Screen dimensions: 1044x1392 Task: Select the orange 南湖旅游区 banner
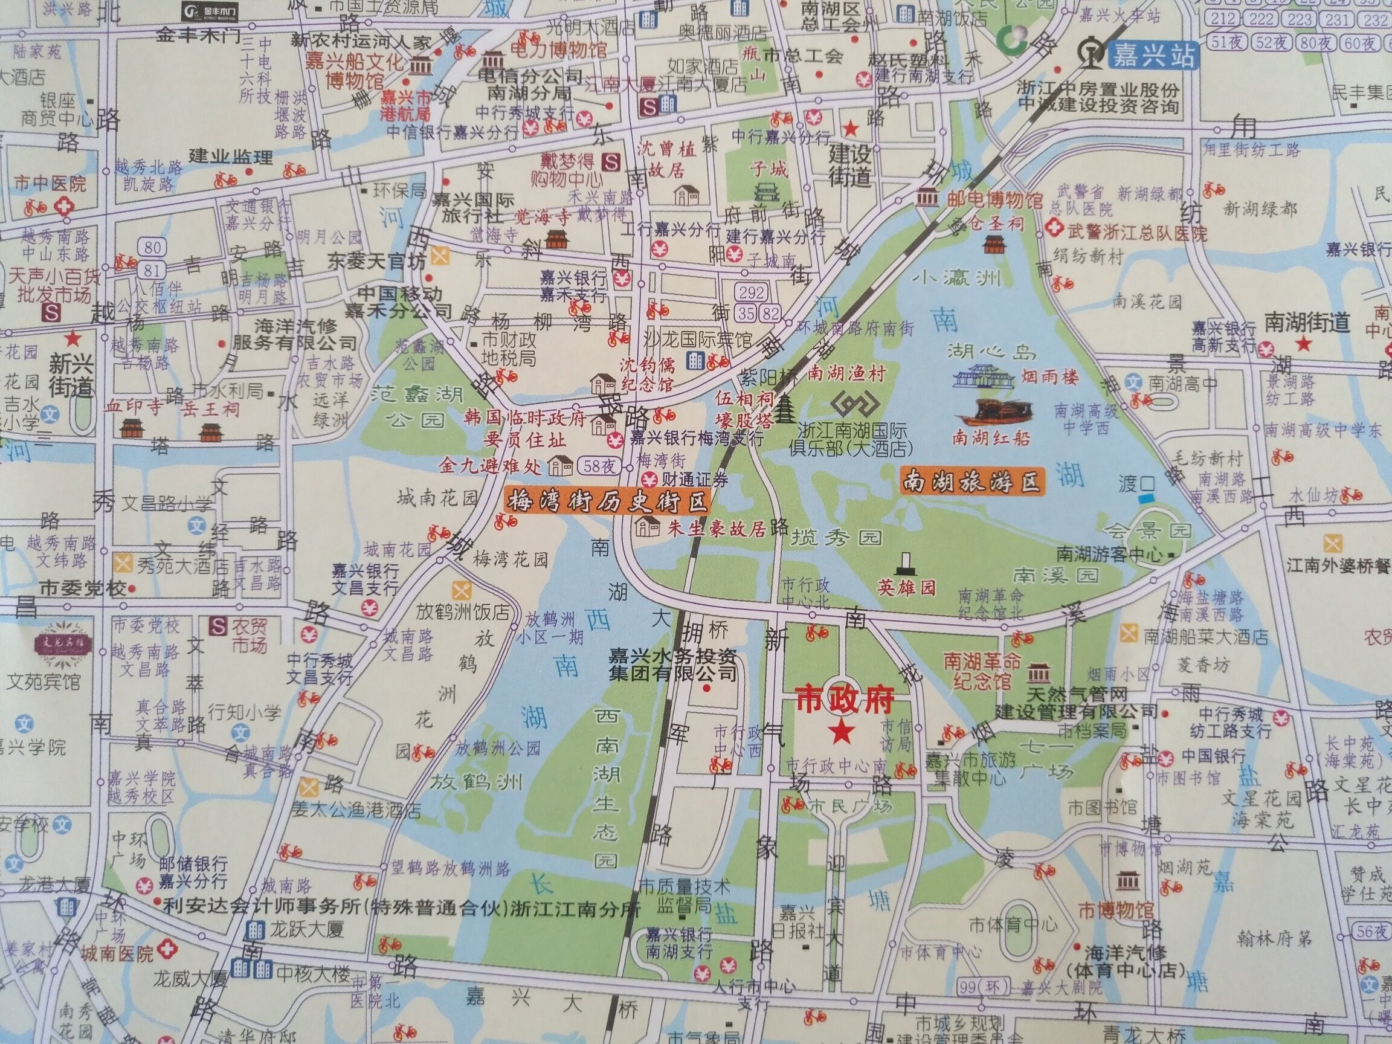click(x=971, y=482)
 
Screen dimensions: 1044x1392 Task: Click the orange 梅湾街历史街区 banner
click(x=607, y=501)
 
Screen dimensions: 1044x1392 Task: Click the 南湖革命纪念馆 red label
click(x=982, y=670)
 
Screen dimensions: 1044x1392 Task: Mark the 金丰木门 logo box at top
click(x=217, y=11)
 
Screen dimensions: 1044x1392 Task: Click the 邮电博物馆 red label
click(x=995, y=201)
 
